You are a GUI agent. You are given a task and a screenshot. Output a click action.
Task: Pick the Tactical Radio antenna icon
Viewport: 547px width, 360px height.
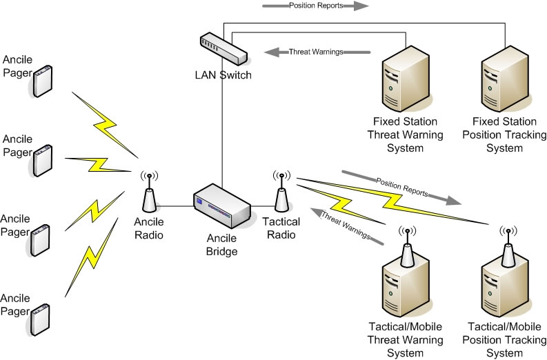pos(281,193)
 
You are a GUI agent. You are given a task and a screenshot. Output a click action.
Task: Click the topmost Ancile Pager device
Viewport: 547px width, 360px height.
pos(43,81)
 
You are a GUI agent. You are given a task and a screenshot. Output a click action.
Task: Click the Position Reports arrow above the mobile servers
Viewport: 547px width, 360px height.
pos(401,187)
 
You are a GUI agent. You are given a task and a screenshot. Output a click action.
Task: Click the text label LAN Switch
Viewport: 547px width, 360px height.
pos(222,74)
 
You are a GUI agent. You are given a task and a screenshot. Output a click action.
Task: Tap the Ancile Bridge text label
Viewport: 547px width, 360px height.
pos(222,246)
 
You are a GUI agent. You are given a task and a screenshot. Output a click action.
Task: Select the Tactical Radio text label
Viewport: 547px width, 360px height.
pos(281,228)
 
